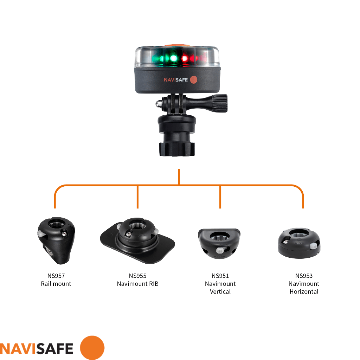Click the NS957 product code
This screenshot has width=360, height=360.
(56, 276)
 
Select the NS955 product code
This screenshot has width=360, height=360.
(137, 276)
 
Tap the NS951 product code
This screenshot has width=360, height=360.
(220, 276)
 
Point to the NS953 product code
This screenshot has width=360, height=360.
(304, 276)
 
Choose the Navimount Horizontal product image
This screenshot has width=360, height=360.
(299, 243)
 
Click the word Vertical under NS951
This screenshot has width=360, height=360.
(220, 291)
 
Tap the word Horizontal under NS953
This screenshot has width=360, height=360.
(304, 291)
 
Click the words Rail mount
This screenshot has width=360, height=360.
(56, 284)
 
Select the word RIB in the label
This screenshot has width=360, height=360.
(154, 284)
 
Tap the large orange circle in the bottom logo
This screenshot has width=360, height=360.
(92, 348)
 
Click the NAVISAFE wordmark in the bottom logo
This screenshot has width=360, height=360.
(37, 349)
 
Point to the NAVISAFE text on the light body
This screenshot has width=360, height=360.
(176, 80)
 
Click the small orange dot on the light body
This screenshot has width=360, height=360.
(194, 80)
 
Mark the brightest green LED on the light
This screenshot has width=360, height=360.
(173, 58)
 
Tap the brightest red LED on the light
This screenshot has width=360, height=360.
(185, 59)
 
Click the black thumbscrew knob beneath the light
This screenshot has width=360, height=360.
(219, 103)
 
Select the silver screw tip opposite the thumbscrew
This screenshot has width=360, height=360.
(158, 104)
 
